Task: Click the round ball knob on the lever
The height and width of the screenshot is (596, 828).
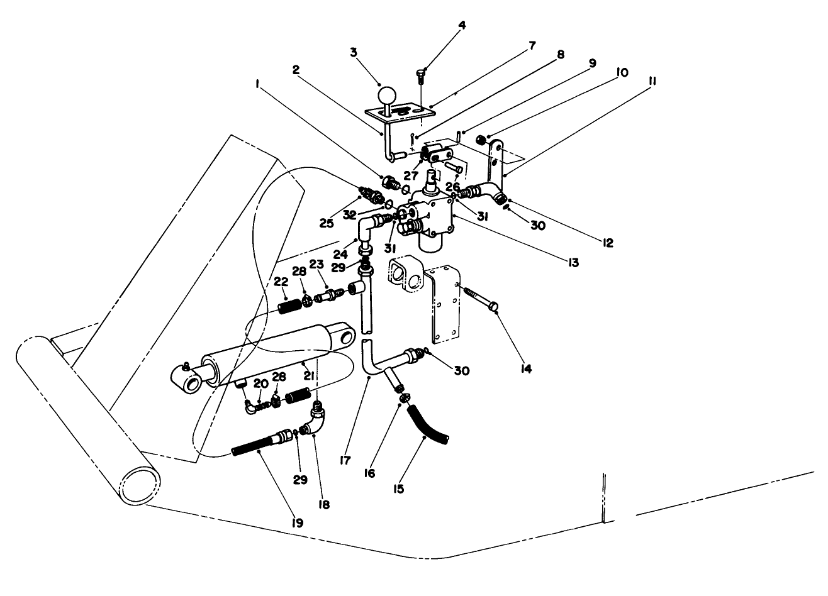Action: pyautogui.click(x=386, y=96)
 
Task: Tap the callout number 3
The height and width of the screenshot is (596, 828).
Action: pyautogui.click(x=354, y=52)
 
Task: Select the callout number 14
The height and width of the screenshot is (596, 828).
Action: pyautogui.click(x=526, y=369)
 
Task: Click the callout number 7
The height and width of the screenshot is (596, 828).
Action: pyautogui.click(x=532, y=45)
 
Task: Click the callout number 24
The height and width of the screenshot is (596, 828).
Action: pyautogui.click(x=341, y=256)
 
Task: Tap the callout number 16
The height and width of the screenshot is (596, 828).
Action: pyautogui.click(x=369, y=473)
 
